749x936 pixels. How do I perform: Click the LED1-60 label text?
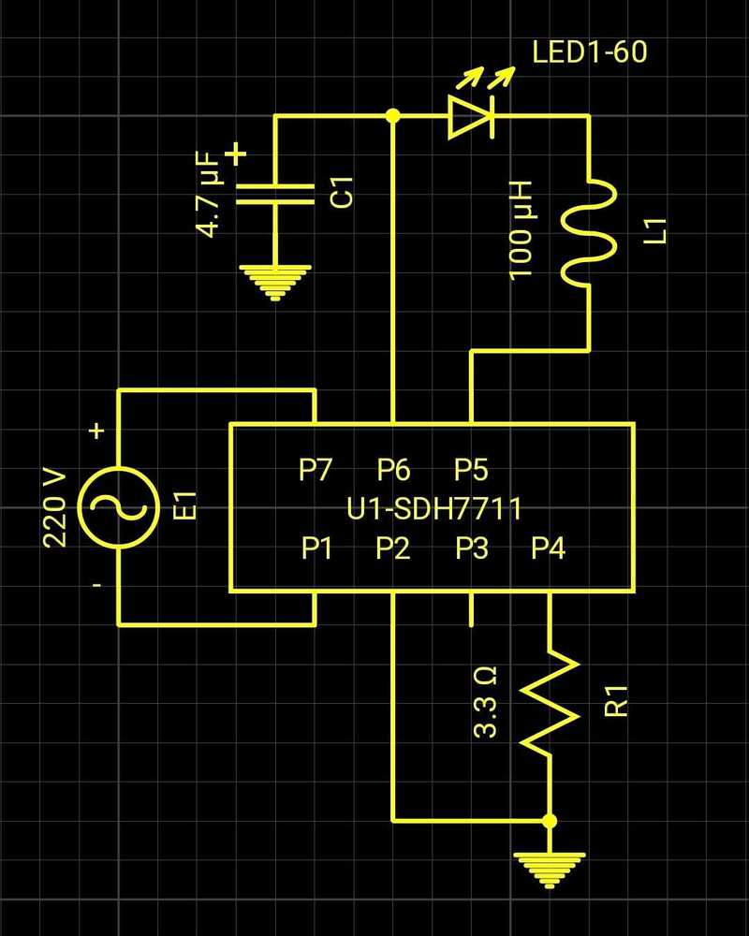[589, 51]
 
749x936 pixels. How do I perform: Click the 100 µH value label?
[521, 230]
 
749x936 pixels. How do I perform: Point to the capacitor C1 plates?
[274, 194]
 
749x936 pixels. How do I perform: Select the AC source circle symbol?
[119, 506]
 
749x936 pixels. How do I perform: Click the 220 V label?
[55, 506]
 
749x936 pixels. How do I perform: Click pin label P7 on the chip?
[316, 469]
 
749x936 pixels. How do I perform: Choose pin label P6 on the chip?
[393, 469]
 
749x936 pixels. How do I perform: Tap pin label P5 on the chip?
[471, 469]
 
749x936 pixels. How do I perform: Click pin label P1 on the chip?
[317, 549]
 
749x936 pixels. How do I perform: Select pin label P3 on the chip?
[472, 549]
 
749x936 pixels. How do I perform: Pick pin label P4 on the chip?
[548, 549]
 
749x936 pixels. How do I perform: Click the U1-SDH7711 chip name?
[433, 509]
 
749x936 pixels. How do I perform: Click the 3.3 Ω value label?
[486, 702]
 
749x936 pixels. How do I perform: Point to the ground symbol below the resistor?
[550, 869]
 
